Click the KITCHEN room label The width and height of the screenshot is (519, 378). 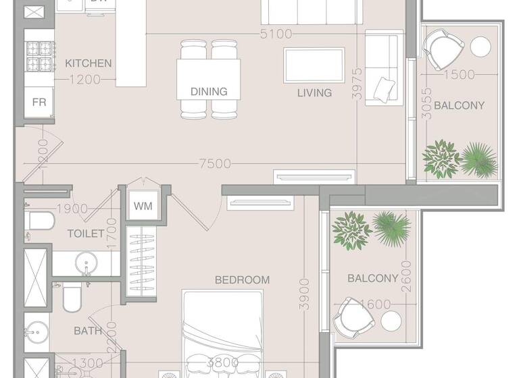(x=88, y=63)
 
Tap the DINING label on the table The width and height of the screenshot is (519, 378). (x=208, y=91)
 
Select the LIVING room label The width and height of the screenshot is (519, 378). (x=314, y=92)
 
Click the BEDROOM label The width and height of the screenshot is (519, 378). (x=242, y=279)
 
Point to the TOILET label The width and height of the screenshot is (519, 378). (x=85, y=234)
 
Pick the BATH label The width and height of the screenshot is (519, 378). (x=88, y=331)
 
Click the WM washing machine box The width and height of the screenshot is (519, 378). (x=142, y=206)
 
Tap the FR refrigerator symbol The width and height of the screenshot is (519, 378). (x=39, y=103)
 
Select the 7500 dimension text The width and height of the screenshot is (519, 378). (x=215, y=163)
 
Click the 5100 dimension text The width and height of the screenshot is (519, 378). (x=275, y=34)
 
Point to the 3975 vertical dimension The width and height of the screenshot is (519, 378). (x=357, y=84)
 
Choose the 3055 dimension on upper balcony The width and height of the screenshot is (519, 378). (x=426, y=105)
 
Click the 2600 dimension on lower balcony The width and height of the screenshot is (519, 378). (x=407, y=277)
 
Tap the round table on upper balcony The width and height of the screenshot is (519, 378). (x=480, y=47)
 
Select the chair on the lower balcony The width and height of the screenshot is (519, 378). (x=352, y=316)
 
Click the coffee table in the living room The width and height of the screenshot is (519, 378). (x=314, y=65)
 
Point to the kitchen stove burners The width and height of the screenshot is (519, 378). (x=39, y=57)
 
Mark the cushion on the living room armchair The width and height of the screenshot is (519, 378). (x=385, y=88)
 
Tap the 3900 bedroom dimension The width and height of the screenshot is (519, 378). (x=305, y=294)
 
